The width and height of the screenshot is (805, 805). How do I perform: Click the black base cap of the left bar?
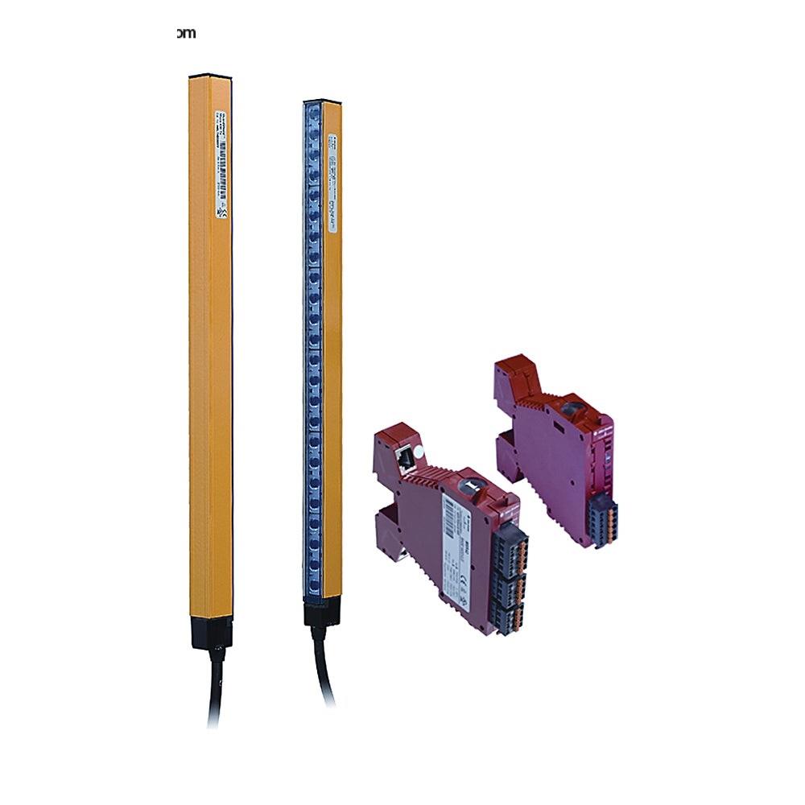coord(212,632)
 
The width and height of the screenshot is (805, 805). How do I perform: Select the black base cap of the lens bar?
coord(321,613)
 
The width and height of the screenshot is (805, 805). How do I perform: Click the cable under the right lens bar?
coord(324,668)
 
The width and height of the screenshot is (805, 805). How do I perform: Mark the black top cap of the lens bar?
coord(322,101)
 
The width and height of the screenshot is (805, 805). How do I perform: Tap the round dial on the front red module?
coord(469,488)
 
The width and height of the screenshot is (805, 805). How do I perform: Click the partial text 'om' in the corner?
coord(186,33)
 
